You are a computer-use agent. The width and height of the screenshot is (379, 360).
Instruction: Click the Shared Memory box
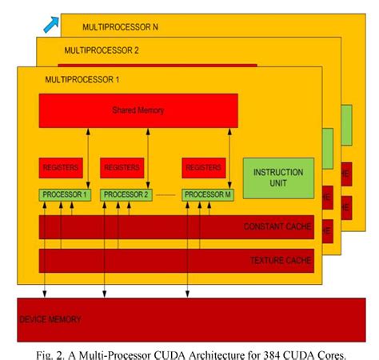(138, 110)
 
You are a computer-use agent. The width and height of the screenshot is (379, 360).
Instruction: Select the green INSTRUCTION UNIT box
(278, 178)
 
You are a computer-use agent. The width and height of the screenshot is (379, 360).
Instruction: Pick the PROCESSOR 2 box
(126, 194)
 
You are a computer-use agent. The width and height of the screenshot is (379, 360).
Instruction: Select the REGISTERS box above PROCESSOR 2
(122, 168)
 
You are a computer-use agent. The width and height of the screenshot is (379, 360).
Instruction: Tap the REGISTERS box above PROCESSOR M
(204, 168)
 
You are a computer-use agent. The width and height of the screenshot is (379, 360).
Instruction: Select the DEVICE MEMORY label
(50, 319)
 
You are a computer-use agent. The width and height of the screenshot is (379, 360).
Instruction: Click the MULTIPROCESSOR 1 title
(82, 79)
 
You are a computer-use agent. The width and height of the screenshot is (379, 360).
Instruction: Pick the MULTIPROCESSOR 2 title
(102, 50)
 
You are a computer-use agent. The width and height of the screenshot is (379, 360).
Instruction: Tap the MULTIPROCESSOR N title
(120, 27)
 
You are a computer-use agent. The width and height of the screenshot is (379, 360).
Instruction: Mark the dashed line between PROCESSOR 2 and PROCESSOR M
(167, 195)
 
